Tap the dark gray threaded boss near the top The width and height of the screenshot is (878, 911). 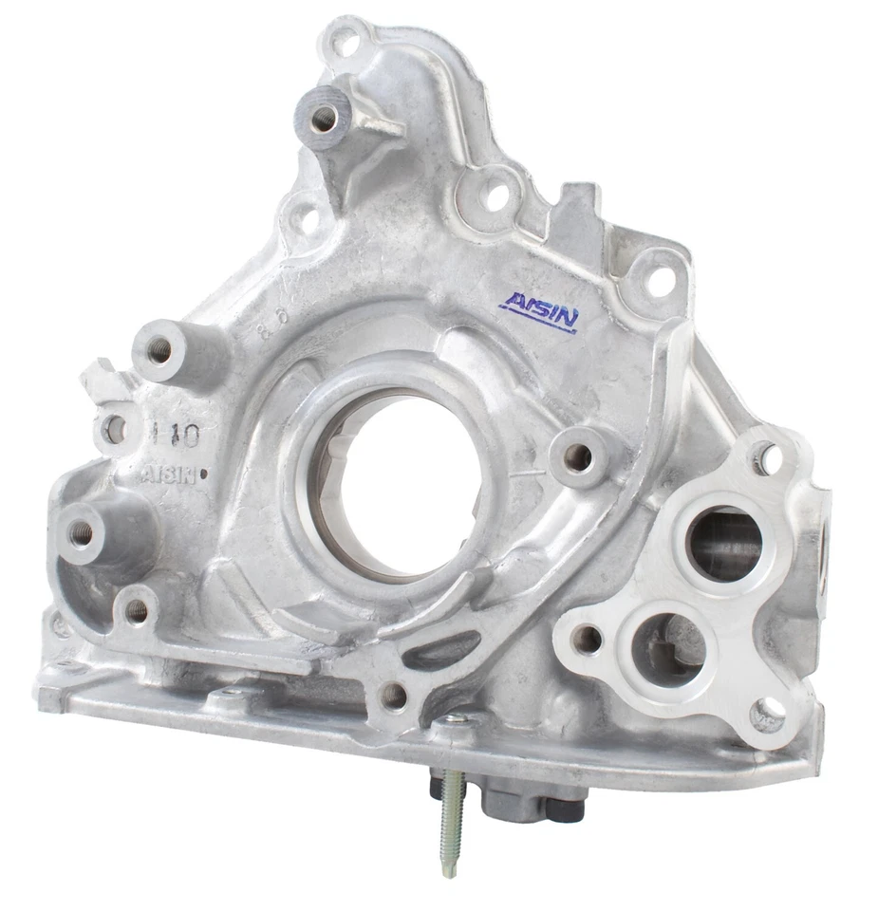323,117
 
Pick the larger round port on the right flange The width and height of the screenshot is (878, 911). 723,544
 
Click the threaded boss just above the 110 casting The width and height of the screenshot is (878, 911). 159,350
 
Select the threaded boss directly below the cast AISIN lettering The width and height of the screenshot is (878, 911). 84,532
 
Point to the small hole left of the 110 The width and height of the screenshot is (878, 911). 115,430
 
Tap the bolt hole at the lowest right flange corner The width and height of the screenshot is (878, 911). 768,711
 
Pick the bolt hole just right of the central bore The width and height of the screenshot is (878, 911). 577,458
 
